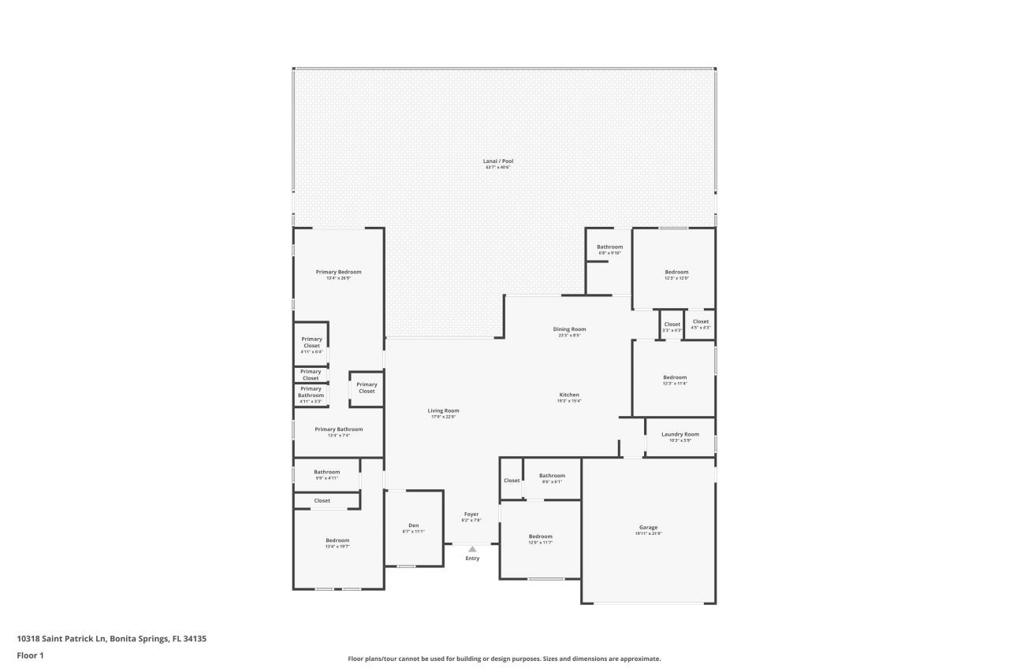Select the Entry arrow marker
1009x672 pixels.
[472, 549]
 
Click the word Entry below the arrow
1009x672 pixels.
[472, 559]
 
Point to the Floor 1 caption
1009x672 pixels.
[30, 655]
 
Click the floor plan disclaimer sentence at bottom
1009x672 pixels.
[504, 659]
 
